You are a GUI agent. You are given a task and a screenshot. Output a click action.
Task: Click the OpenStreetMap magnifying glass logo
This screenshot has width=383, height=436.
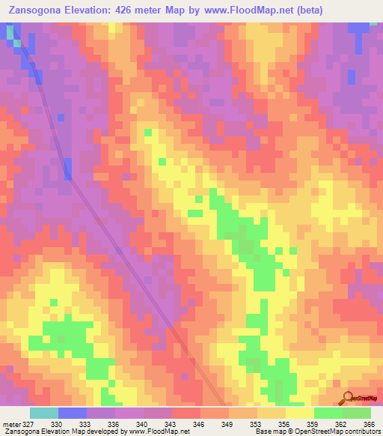point(348,398)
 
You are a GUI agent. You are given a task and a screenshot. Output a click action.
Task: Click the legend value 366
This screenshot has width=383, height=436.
point(367,424)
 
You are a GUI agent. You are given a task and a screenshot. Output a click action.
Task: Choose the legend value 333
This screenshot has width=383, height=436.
point(87,424)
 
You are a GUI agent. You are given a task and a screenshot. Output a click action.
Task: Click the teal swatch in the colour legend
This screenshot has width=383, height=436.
point(44,413)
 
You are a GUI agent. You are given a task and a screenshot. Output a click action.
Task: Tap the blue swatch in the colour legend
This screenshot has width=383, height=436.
point(73,413)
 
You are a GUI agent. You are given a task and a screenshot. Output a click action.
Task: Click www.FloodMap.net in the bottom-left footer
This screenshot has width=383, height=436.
point(160,432)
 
